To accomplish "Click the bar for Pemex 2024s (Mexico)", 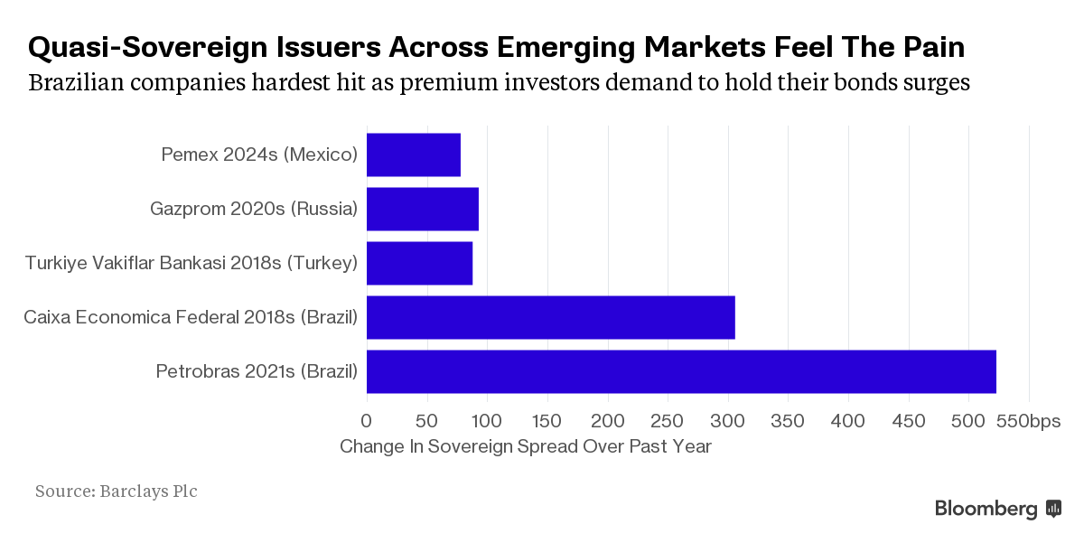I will (x=414, y=154).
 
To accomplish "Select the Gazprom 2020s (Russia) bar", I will (x=423, y=209).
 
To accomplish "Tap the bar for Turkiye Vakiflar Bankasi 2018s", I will (x=419, y=263).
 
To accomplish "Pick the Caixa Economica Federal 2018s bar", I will (x=550, y=317).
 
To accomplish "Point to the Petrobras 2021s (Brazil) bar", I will (x=681, y=371).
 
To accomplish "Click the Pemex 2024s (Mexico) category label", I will (x=259, y=154).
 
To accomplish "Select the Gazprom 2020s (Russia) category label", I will (x=254, y=209).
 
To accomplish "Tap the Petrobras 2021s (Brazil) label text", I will (x=257, y=371).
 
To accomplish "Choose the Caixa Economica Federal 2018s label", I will (x=191, y=317).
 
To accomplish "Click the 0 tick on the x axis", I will (x=367, y=421).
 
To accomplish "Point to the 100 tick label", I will (x=487, y=421).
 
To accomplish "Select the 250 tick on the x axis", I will (x=668, y=421).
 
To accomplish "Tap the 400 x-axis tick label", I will (x=848, y=421).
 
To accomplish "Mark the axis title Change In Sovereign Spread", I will (x=526, y=446).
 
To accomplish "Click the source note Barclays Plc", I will (x=117, y=492).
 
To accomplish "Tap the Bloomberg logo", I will (x=998, y=509).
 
